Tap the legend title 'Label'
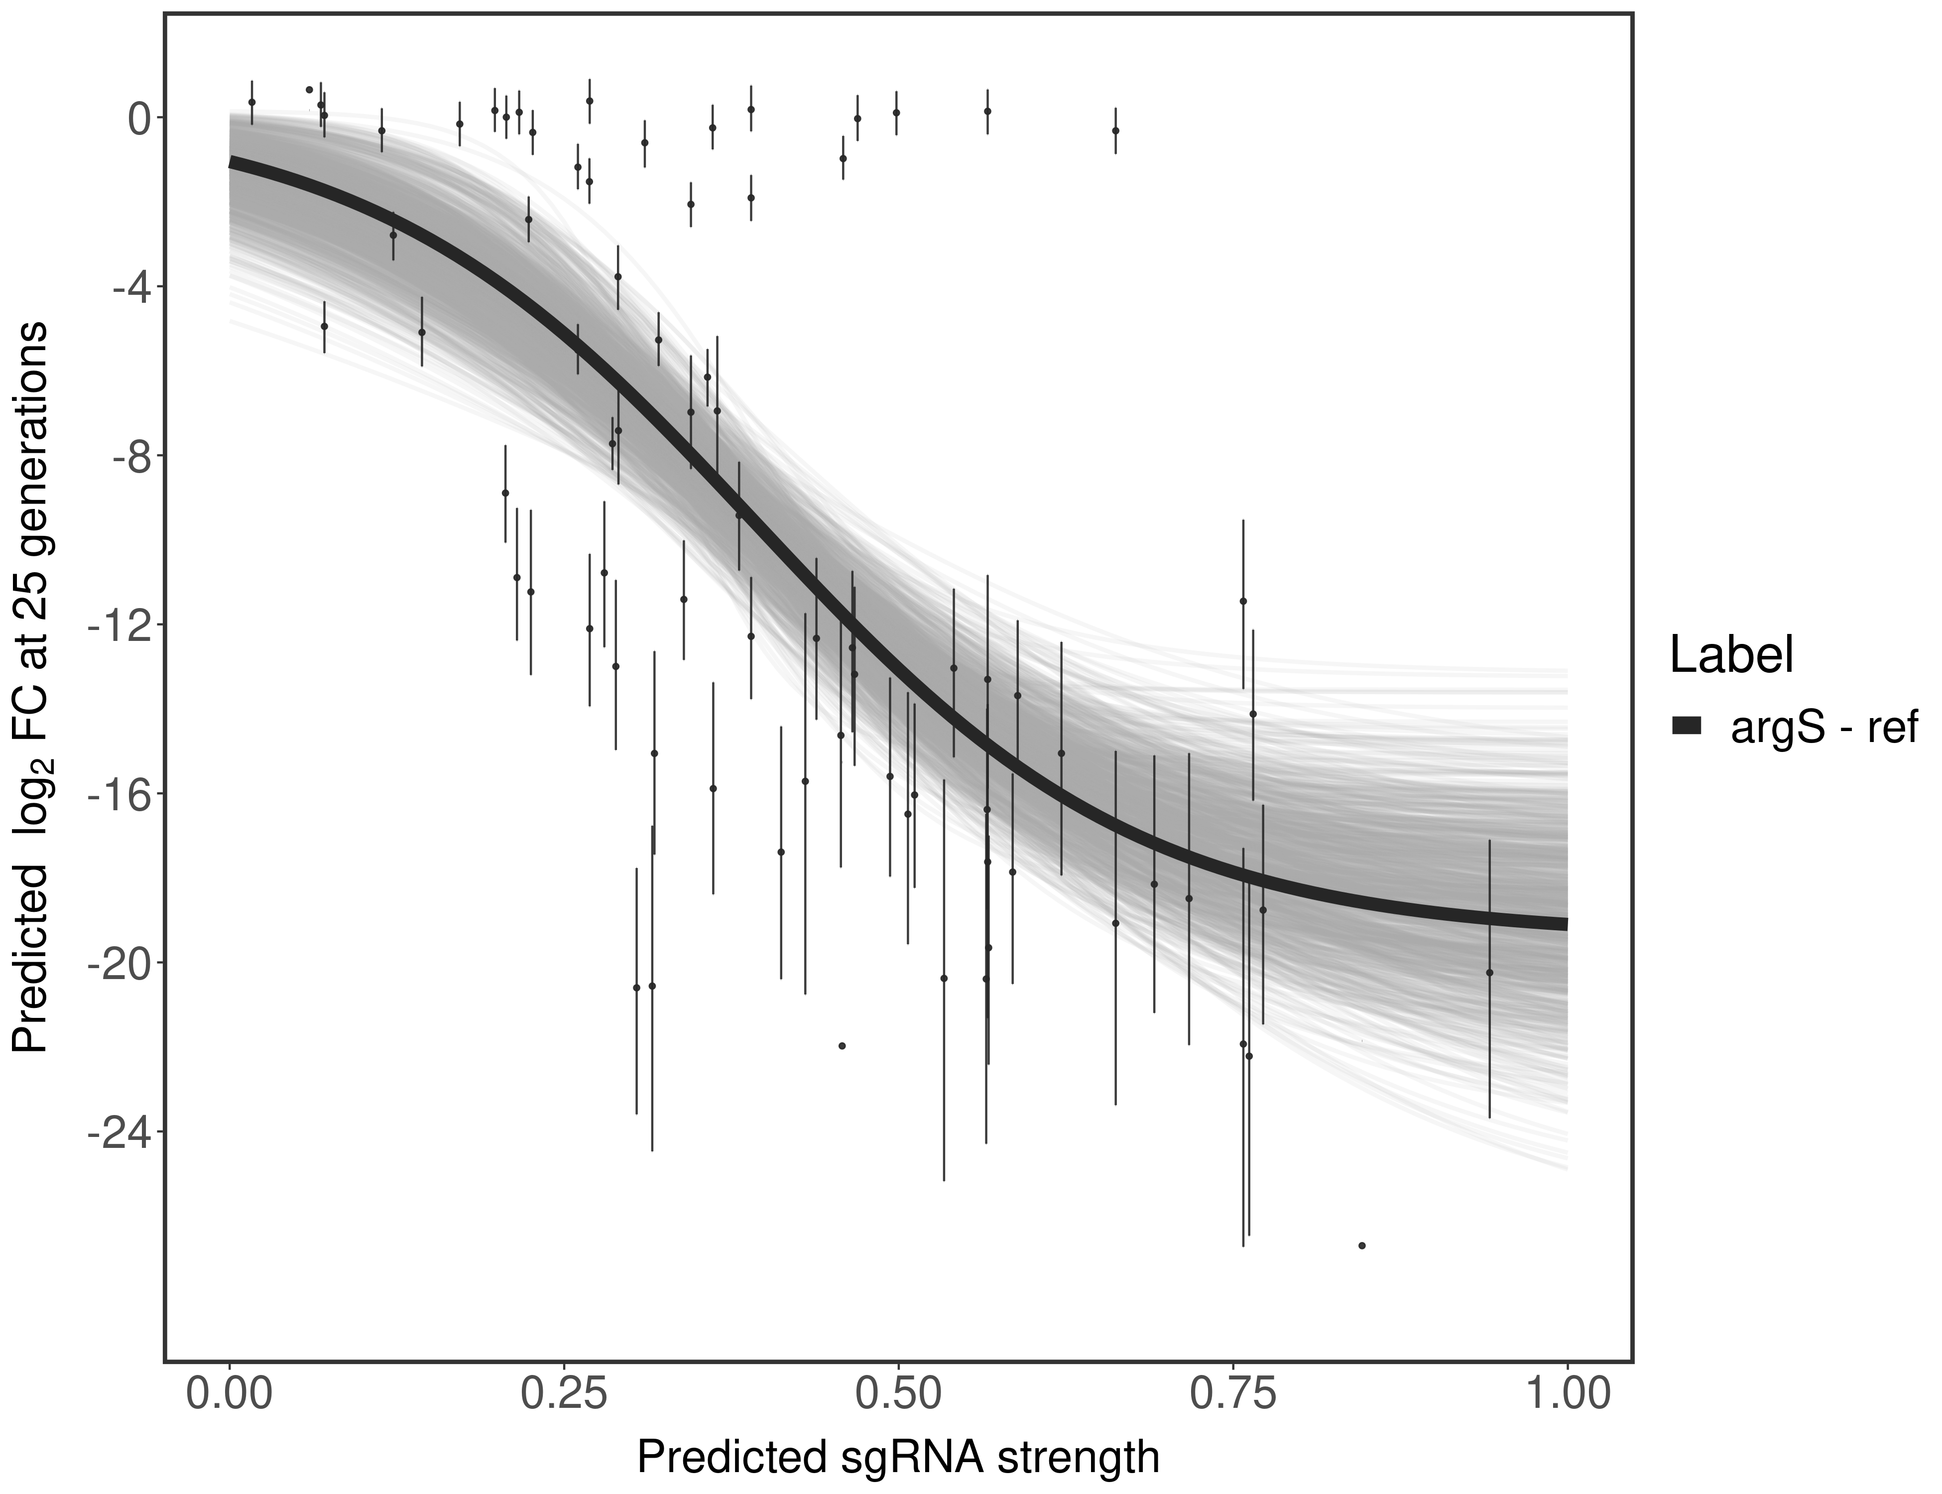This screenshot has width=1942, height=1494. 1730,656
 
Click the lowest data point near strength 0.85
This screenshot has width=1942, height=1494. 1361,1246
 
